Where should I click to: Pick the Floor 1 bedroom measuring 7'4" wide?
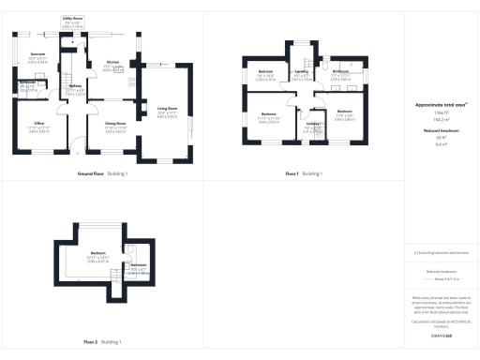266,75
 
